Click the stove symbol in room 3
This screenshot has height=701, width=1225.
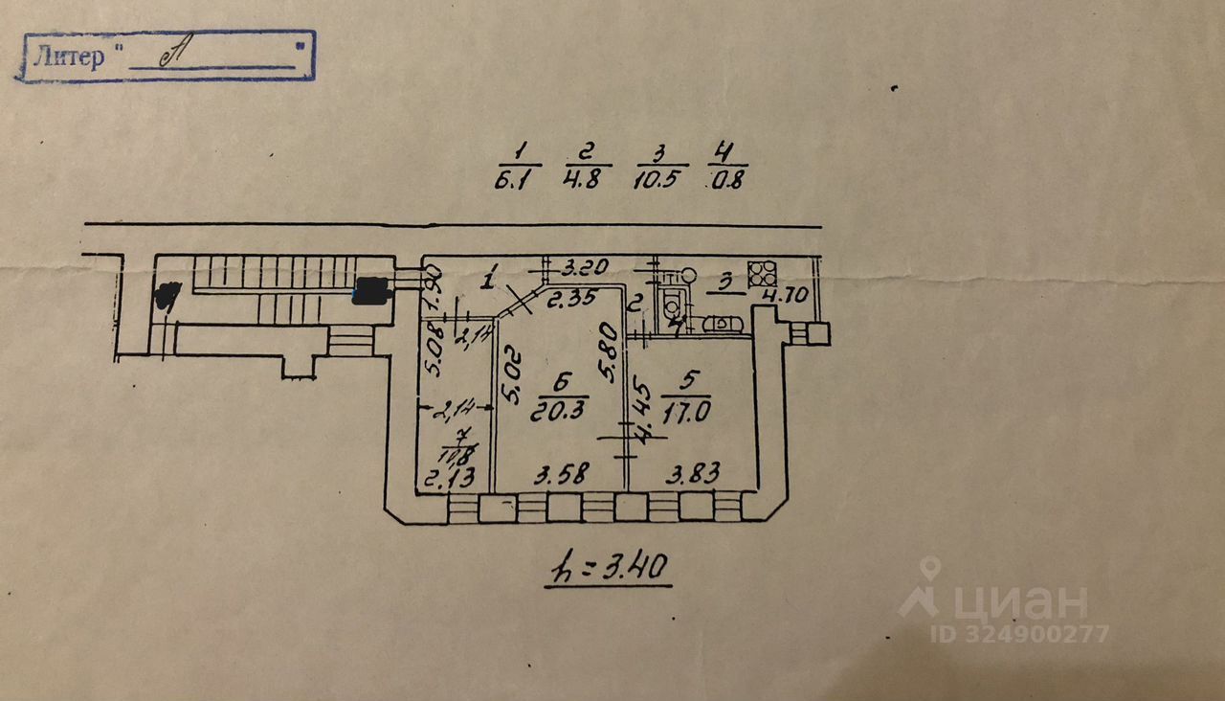pyautogui.click(x=762, y=273)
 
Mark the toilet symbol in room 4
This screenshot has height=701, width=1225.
pyautogui.click(x=674, y=302)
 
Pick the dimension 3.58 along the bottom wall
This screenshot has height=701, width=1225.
pyautogui.click(x=559, y=474)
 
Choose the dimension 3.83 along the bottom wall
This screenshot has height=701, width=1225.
pyautogui.click(x=694, y=473)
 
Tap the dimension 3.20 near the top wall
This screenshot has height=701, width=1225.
pyautogui.click(x=582, y=267)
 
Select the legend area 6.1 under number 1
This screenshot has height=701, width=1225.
pyautogui.click(x=518, y=180)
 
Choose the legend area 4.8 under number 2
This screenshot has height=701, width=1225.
pyautogui.click(x=585, y=180)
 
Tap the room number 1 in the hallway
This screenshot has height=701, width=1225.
pyautogui.click(x=489, y=282)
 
